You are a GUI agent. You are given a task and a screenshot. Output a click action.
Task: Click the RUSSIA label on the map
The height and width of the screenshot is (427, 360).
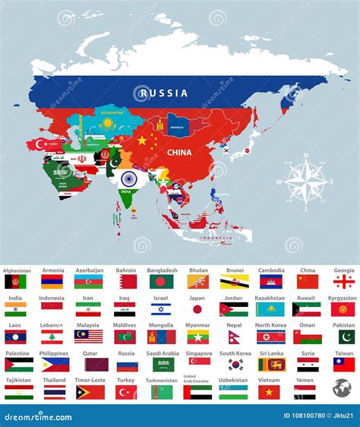[x=162, y=93]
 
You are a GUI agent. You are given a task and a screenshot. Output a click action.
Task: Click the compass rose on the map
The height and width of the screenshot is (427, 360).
[x=305, y=182]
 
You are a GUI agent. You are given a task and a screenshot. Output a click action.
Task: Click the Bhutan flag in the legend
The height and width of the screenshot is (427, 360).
[x=198, y=281]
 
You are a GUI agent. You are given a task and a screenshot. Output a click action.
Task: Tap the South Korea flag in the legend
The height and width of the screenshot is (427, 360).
[x=234, y=365]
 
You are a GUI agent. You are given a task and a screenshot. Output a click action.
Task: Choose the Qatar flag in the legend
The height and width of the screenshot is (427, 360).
[x=90, y=365]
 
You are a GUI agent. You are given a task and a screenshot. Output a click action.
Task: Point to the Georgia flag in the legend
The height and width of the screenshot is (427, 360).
[x=343, y=281]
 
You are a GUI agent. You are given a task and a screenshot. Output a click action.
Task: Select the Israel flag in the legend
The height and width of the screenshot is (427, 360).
[x=161, y=309]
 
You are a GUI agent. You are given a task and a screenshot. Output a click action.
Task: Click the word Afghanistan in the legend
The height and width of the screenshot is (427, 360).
[x=18, y=270]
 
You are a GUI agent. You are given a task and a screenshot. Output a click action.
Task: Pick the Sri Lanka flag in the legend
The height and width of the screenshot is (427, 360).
[x=270, y=365]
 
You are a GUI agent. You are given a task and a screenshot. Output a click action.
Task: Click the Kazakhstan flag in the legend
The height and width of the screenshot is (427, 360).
[x=270, y=309]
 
